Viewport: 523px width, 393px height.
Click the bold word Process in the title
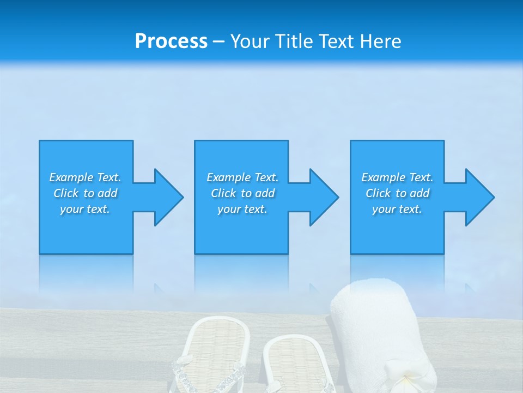(171, 41)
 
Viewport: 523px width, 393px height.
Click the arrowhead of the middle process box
(323, 197)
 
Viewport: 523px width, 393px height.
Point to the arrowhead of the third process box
(479, 197)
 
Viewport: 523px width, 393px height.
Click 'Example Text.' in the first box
(85, 177)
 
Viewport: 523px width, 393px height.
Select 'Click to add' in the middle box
(242, 193)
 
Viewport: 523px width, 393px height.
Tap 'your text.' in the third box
(397, 209)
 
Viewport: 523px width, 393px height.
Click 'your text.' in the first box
(85, 209)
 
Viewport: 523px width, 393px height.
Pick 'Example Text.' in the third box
(397, 177)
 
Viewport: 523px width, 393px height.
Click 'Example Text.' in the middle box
(242, 177)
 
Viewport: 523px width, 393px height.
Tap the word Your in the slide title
(250, 41)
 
